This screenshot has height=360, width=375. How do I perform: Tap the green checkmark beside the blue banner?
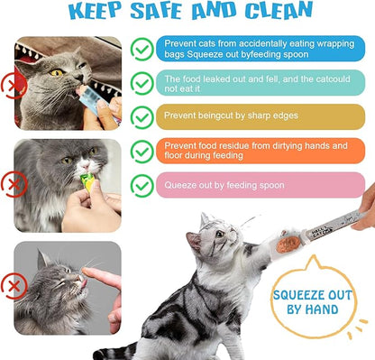pos(142,48)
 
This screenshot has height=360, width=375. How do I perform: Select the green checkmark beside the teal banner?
pos(142,82)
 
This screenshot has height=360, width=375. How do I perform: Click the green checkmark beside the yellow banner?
pos(142,116)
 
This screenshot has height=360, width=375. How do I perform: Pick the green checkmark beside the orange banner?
pos(142,151)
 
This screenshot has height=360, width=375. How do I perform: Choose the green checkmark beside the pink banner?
pos(142,185)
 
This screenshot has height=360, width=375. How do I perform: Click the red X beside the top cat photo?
pos(11,85)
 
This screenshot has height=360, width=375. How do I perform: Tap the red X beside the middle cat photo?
pos(11,185)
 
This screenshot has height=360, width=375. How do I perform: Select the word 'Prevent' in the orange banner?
pos(180,144)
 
